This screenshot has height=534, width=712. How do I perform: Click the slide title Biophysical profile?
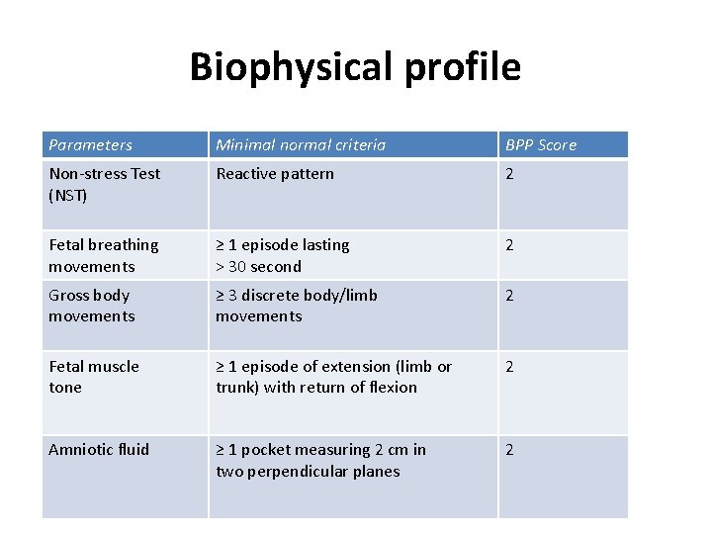pyautogui.click(x=355, y=67)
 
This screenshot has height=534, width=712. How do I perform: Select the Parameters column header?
pyautogui.click(x=90, y=145)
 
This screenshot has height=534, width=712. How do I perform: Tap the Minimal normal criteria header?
pyautogui.click(x=301, y=145)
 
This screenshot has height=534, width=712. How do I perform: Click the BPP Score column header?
pyautogui.click(x=541, y=145)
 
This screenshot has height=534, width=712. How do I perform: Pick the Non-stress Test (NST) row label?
pyautogui.click(x=104, y=184)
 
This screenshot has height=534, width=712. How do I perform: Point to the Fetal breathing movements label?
pyautogui.click(x=103, y=255)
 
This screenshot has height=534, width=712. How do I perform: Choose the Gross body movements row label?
pyautogui.click(x=91, y=306)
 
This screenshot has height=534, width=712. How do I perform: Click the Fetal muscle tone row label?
pyautogui.click(x=94, y=377)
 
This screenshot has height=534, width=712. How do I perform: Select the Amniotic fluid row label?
pyautogui.click(x=99, y=449)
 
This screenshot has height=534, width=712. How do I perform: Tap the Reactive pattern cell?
pyautogui.click(x=275, y=174)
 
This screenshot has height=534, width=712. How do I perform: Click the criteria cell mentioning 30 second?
pyautogui.click(x=283, y=255)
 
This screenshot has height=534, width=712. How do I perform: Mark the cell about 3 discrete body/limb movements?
pyautogui.click(x=297, y=306)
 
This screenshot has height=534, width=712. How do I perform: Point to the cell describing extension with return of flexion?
pyautogui.click(x=333, y=377)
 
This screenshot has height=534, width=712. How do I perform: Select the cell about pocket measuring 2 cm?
pyautogui.click(x=321, y=460)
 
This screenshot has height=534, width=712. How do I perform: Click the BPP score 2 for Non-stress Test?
pyautogui.click(x=510, y=174)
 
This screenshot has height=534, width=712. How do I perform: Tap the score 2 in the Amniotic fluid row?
pyautogui.click(x=510, y=450)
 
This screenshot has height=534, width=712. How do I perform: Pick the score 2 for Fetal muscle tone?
pyautogui.click(x=510, y=367)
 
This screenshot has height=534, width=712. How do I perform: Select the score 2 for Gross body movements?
pyautogui.click(x=510, y=296)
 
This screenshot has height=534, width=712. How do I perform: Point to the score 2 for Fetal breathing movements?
pyautogui.click(x=510, y=245)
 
